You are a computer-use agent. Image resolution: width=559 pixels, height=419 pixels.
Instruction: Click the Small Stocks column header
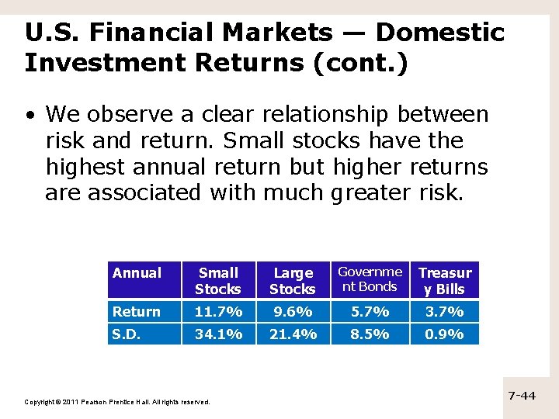click(x=218, y=281)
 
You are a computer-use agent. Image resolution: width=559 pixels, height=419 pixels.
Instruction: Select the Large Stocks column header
click(x=293, y=281)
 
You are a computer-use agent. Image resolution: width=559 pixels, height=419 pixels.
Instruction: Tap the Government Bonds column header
click(x=370, y=279)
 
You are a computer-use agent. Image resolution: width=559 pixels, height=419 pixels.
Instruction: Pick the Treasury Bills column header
click(x=445, y=281)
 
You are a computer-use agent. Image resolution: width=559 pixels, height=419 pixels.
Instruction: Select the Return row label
click(x=137, y=312)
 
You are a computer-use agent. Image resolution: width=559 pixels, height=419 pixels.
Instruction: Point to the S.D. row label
click(x=128, y=334)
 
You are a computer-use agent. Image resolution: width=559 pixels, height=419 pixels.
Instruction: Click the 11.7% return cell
click(x=218, y=312)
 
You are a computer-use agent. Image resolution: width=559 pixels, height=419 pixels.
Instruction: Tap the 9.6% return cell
click(x=293, y=312)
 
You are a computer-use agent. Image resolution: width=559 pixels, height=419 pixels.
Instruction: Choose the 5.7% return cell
click(x=370, y=312)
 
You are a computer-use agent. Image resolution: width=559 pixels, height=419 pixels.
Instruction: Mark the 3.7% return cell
click(x=445, y=312)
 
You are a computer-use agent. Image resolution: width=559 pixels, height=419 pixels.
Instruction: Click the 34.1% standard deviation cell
click(x=218, y=334)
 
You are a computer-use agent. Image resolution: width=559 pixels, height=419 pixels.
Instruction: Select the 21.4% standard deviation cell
click(x=293, y=334)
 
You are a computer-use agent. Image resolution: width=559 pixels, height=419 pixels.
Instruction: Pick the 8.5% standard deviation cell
click(x=370, y=334)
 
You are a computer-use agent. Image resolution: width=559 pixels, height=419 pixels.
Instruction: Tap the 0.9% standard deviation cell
click(x=445, y=334)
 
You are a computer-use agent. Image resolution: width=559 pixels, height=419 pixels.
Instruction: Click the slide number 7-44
click(x=522, y=396)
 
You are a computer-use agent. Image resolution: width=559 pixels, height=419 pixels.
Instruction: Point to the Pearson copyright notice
click(x=117, y=402)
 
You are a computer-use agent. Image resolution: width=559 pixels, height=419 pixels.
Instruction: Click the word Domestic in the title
click(x=439, y=33)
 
